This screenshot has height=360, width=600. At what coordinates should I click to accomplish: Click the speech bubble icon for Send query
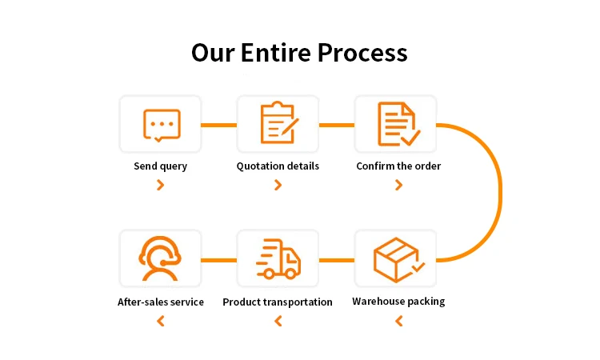click(x=161, y=125)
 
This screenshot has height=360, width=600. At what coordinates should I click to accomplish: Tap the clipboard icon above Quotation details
click(x=278, y=124)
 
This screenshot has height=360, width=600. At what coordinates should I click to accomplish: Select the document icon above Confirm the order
click(x=398, y=124)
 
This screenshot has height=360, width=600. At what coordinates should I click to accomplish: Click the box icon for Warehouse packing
click(x=398, y=258)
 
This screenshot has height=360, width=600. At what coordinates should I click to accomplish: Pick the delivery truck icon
click(x=278, y=258)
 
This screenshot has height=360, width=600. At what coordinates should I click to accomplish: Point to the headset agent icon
click(x=161, y=258)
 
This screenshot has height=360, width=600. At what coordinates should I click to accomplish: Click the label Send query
click(x=161, y=166)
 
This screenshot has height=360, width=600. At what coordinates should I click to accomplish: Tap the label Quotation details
click(x=278, y=166)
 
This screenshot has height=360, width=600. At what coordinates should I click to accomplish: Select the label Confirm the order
click(x=398, y=166)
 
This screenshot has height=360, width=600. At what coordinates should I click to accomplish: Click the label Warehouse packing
click(x=398, y=302)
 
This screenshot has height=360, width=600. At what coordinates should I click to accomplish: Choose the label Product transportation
click(x=278, y=302)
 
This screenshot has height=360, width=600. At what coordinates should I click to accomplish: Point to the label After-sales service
click(x=161, y=302)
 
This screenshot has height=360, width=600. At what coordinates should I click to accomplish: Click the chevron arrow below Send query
click(x=161, y=186)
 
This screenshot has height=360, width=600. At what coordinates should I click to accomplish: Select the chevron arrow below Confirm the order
click(x=398, y=186)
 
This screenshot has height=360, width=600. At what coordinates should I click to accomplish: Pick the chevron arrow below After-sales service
click(x=161, y=322)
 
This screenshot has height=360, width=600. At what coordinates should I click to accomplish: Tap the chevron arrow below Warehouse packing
click(x=398, y=322)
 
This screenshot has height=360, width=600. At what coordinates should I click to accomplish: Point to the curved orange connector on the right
click(x=500, y=192)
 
